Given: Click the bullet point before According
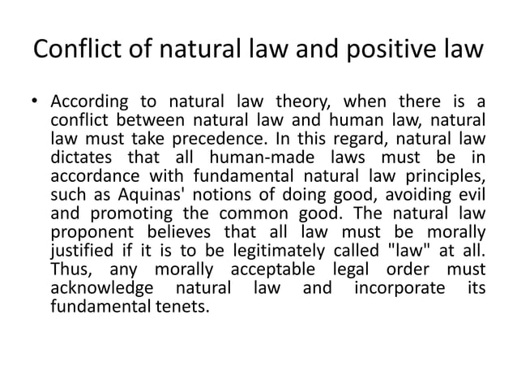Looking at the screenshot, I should (36, 103).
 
